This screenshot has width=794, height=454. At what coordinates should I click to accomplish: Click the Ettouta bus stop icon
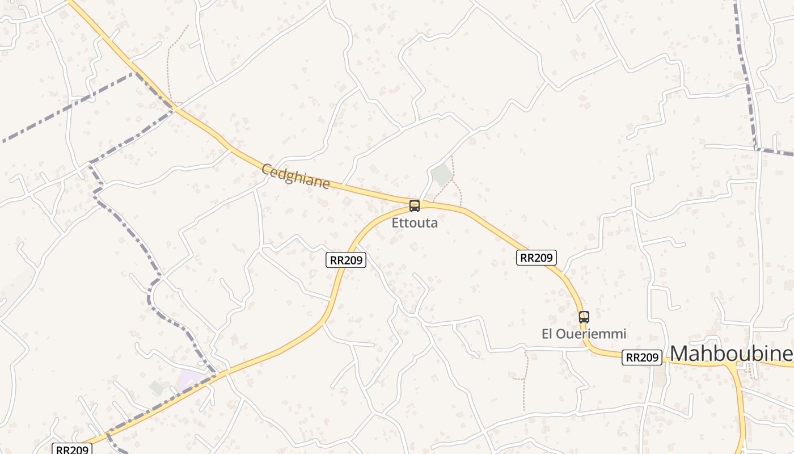click(415, 205)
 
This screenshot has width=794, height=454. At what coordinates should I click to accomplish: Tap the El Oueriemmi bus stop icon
click(584, 317)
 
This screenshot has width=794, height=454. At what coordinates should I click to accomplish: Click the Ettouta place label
click(415, 223)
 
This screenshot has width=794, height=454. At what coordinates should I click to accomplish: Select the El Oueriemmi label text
click(584, 334)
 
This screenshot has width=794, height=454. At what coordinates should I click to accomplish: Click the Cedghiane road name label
click(295, 176)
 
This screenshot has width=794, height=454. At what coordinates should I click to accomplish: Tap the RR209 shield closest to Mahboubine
click(642, 358)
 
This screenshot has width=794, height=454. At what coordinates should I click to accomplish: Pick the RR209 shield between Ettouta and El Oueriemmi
click(537, 258)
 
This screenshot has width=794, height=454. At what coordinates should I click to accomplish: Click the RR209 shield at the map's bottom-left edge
click(72, 449)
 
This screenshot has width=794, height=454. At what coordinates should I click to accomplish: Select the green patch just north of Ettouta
click(442, 175)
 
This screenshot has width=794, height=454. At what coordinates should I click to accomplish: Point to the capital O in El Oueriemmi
click(560, 334)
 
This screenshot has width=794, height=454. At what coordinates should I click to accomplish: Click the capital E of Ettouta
click(395, 223)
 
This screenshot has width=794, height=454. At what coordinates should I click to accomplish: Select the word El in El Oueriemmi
click(547, 334)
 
